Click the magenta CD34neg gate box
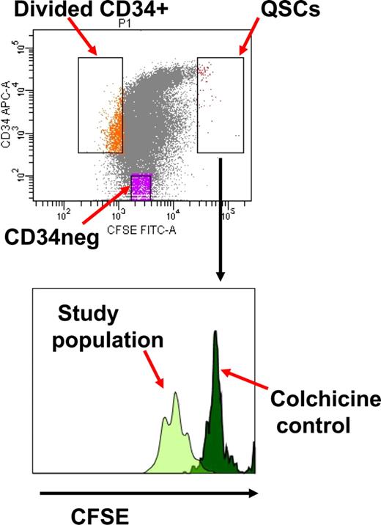click(x=141, y=187)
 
